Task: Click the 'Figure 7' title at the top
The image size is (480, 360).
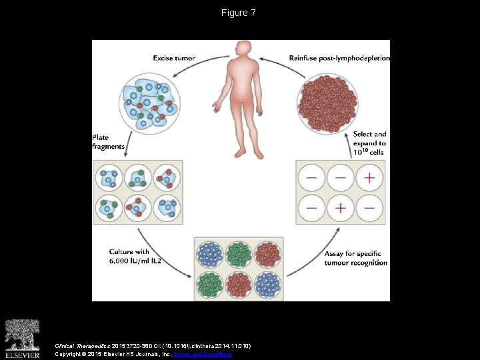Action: pyautogui.click(x=239, y=13)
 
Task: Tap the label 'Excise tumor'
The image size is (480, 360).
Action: pyautogui.click(x=174, y=58)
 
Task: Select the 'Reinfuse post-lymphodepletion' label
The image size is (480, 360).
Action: pyautogui.click(x=339, y=58)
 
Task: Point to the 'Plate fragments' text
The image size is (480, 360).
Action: pyautogui.click(x=108, y=142)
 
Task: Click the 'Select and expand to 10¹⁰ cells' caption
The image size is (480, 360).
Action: pyautogui.click(x=369, y=143)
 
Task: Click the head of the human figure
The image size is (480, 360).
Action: pyautogui.click(x=240, y=50)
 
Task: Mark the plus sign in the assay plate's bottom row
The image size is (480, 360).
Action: pyautogui.click(x=341, y=208)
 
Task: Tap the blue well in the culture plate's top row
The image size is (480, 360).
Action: pyautogui.click(x=211, y=253)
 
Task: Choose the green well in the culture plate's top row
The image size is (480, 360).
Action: pyautogui.click(x=239, y=253)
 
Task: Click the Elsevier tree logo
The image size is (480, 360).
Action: pyautogui.click(x=22, y=337)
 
